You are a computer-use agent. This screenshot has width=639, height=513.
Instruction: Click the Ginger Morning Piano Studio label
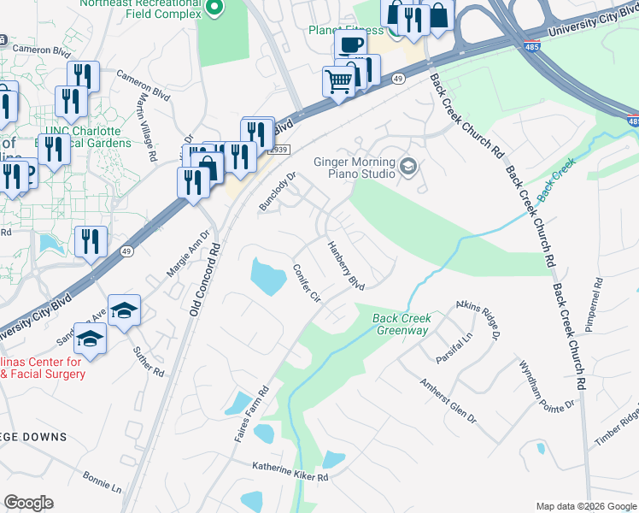pos(355,167)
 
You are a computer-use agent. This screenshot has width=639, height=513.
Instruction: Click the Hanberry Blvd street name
pos(347,264)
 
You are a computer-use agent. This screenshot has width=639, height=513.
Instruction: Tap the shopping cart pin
pos(338,82)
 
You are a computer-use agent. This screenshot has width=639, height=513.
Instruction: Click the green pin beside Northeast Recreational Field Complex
pos(215,9)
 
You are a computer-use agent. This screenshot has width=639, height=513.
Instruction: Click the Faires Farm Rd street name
pos(253,414)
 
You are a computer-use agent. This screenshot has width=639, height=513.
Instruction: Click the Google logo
pos(28,503)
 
